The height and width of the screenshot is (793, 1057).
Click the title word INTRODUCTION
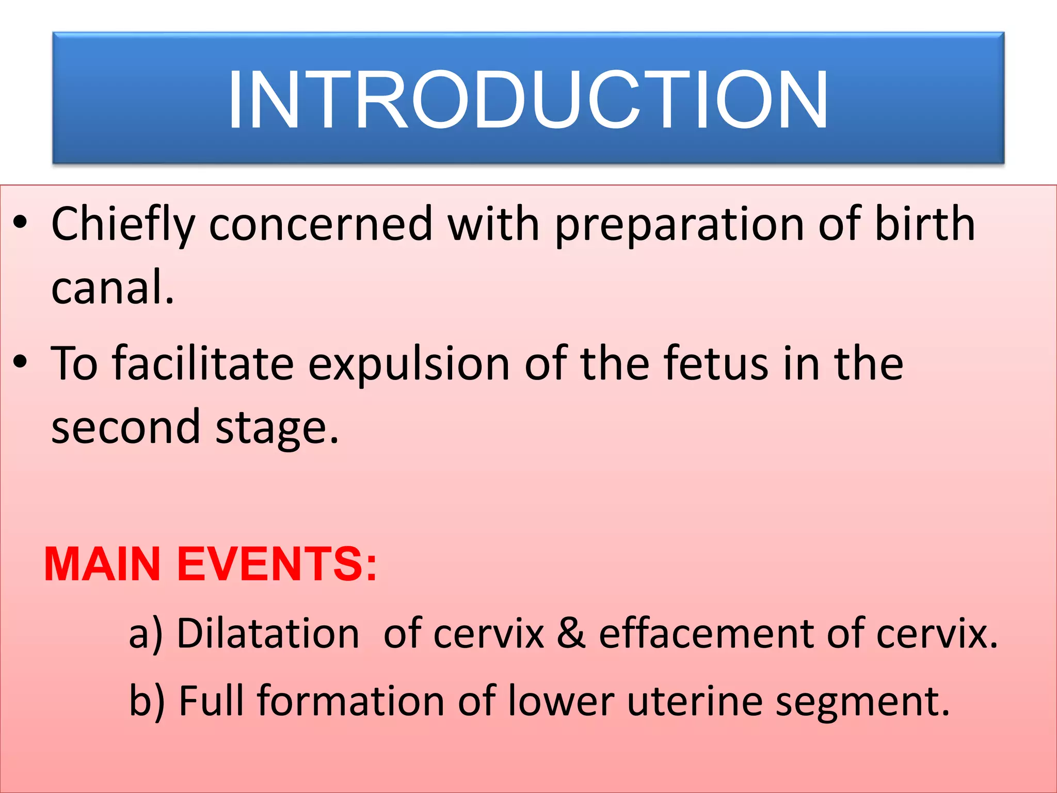coord(527,100)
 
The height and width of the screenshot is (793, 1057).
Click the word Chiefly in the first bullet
coord(123,225)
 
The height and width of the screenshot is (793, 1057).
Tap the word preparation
coord(679,225)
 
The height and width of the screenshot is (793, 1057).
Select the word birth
coord(924,224)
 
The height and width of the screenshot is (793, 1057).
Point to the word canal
coord(112,288)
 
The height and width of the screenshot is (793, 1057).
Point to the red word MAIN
coord(102,564)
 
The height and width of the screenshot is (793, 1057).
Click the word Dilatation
coord(267,633)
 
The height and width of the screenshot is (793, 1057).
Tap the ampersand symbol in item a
coord(571,633)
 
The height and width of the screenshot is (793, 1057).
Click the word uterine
coord(695,701)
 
